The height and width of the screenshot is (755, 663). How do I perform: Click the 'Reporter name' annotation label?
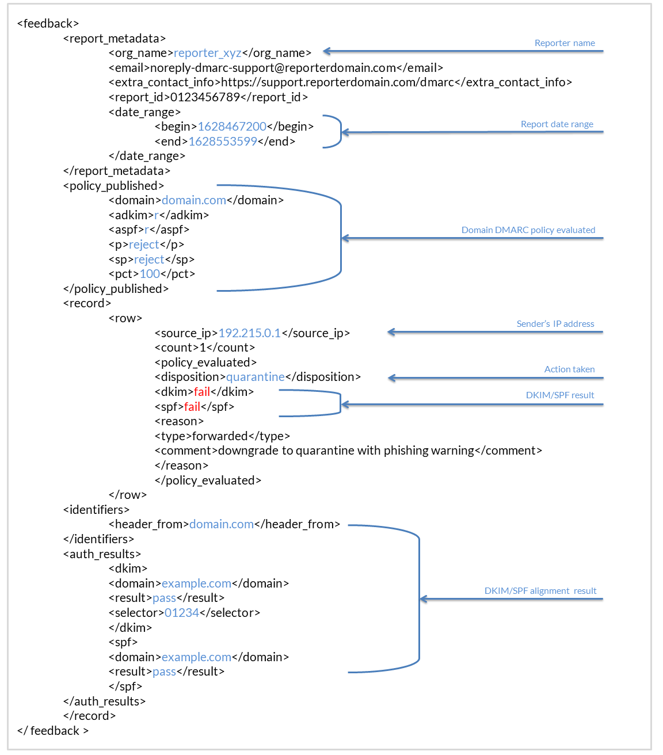[564, 43]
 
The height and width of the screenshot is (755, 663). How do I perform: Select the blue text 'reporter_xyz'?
[208, 53]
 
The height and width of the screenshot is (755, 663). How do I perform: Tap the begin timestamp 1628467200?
[232, 127]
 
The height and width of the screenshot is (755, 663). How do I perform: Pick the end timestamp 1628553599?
[223, 141]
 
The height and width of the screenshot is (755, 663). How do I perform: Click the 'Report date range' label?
[557, 124]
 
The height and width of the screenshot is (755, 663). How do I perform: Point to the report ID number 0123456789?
[205, 97]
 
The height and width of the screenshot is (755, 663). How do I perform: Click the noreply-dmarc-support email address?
[273, 68]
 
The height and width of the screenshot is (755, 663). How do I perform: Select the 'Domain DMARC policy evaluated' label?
[528, 230]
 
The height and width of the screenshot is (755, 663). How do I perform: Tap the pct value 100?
[150, 274]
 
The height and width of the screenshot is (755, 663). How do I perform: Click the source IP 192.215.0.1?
[249, 333]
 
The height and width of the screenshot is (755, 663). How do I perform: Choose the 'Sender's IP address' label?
[555, 323]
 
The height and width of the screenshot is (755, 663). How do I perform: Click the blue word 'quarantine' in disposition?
[256, 377]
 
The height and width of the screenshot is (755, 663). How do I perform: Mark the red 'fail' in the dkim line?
[201, 392]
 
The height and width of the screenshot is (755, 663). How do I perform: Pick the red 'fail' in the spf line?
[192, 407]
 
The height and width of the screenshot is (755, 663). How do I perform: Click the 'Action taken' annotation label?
[569, 369]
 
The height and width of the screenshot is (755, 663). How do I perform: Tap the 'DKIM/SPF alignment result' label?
[540, 590]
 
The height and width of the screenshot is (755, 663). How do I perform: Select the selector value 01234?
[181, 613]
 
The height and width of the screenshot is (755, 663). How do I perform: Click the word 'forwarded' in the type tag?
[220, 436]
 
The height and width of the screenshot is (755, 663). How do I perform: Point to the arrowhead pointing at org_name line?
[326, 51]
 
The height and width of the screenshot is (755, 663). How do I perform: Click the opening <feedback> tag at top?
[48, 24]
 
